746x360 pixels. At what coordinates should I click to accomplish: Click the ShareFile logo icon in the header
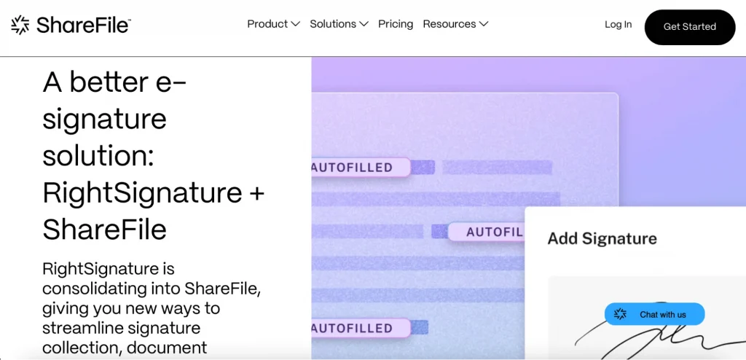(x=20, y=25)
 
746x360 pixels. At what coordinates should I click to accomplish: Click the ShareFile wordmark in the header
(x=83, y=26)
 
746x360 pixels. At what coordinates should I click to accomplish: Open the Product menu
(x=274, y=24)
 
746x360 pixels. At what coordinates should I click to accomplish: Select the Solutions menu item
(x=339, y=24)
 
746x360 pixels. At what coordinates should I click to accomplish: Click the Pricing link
(x=396, y=24)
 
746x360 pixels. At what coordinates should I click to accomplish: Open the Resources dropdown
(x=455, y=24)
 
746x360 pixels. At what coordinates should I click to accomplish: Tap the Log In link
(x=618, y=24)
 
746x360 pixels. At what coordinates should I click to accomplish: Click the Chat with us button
(x=655, y=314)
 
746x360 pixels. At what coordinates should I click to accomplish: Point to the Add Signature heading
(x=602, y=238)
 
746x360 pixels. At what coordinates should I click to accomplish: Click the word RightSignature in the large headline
(x=142, y=192)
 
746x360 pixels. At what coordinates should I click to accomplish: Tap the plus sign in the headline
(x=257, y=193)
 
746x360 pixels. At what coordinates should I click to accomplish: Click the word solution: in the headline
(x=98, y=156)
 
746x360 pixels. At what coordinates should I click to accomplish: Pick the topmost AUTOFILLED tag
(x=361, y=167)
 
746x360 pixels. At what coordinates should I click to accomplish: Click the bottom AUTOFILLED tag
(x=361, y=328)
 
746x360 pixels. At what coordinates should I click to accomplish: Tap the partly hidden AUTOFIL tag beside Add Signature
(x=486, y=232)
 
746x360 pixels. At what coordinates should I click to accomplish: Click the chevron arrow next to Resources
(x=484, y=24)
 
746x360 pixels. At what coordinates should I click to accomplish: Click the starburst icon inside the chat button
(x=620, y=314)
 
